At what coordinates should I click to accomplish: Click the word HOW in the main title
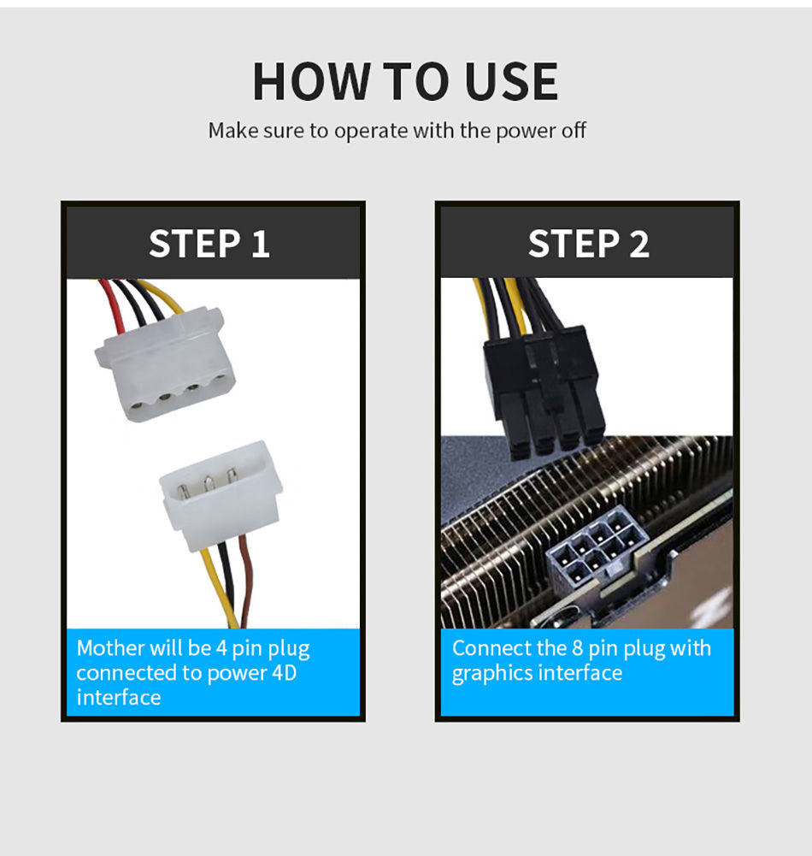(x=310, y=81)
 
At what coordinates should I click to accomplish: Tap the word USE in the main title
(x=511, y=81)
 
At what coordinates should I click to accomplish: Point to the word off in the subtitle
(x=574, y=131)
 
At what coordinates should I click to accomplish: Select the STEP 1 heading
(x=209, y=244)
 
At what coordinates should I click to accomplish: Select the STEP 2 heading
(x=588, y=244)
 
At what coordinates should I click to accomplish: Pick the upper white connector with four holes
(x=161, y=366)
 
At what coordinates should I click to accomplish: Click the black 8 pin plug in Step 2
(x=543, y=393)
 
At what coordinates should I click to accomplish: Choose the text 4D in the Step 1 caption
(x=284, y=673)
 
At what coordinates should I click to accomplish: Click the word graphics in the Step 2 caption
(x=491, y=674)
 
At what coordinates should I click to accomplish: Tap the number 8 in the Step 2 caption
(x=577, y=648)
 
